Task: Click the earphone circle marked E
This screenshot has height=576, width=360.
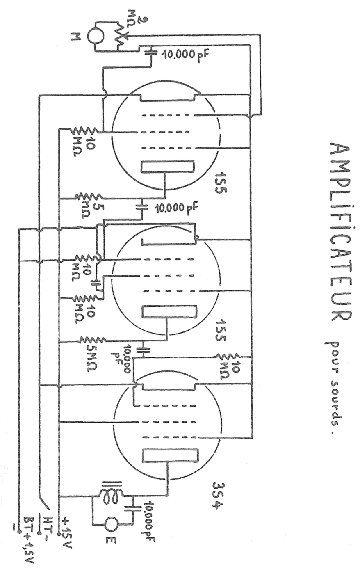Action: [112, 523]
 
